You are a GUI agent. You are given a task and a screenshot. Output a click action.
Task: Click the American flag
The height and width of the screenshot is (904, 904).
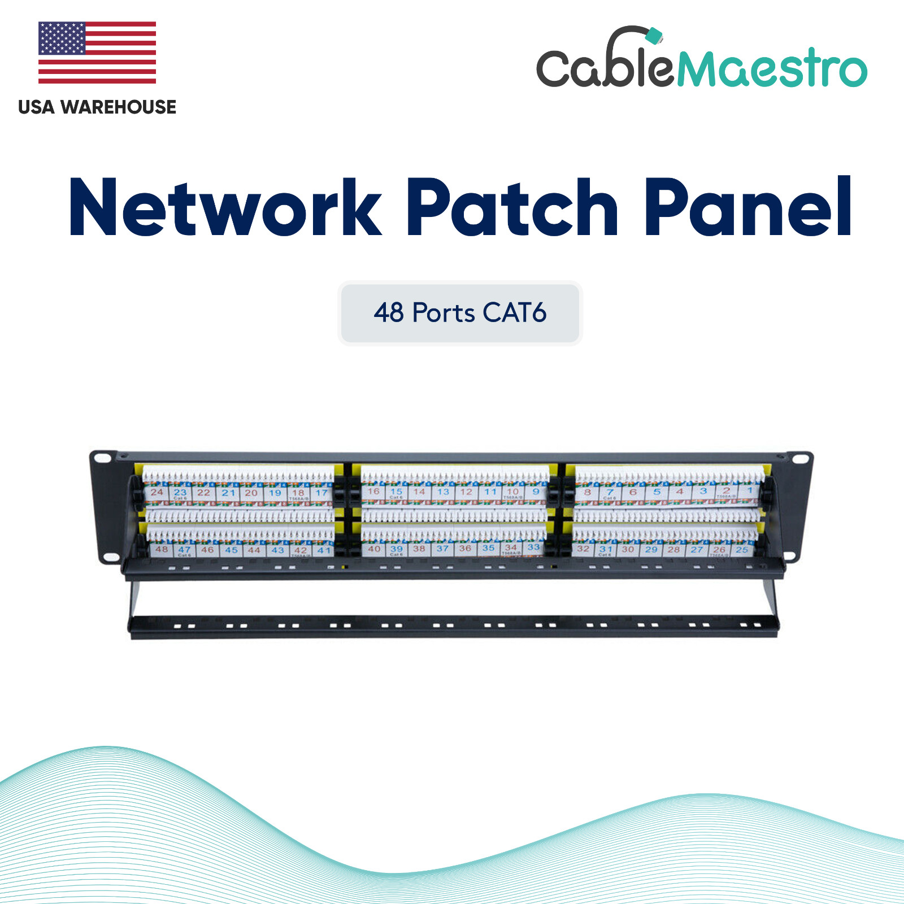point(97,53)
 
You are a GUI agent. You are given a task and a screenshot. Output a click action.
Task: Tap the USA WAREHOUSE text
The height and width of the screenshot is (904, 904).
point(97,107)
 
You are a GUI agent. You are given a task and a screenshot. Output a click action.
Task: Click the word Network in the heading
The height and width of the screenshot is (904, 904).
point(225,208)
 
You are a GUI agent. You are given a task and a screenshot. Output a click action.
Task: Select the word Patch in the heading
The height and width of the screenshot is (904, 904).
point(512,208)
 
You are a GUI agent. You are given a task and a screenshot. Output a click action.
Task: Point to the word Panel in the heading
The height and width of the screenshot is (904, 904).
point(748,207)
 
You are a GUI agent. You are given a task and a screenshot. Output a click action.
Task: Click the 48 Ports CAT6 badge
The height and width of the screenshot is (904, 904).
point(460,313)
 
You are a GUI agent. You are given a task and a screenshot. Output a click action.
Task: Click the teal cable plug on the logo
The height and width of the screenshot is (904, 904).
point(654,36)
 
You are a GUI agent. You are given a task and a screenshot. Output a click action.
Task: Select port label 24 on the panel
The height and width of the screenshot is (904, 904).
point(157,492)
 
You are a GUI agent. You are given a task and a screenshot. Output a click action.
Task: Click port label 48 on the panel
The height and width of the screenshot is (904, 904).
point(162,549)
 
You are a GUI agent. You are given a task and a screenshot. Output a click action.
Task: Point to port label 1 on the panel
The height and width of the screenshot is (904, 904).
point(750,490)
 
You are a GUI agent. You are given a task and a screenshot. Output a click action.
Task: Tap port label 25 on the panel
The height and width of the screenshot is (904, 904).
point(742,549)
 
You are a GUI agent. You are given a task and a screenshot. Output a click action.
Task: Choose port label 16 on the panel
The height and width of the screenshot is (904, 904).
point(373,491)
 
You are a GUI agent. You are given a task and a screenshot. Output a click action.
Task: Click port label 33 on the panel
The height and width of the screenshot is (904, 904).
point(533,547)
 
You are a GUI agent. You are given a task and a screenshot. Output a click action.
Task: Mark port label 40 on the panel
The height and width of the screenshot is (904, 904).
point(374,548)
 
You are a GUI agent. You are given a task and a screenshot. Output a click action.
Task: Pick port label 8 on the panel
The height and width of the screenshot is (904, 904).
point(588,492)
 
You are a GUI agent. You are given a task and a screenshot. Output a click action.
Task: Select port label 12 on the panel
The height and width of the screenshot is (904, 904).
point(466,492)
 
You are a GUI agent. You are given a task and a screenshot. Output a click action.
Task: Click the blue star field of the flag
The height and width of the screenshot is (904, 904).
point(62,38)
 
